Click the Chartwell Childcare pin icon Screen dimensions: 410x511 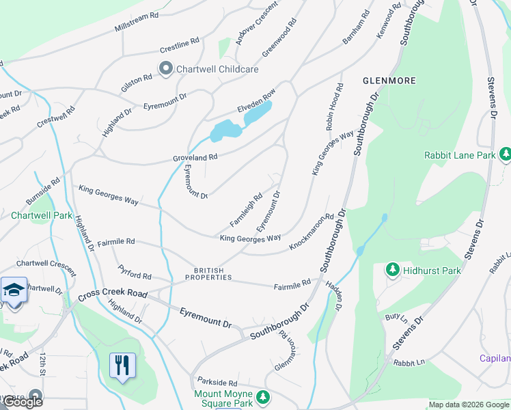pyautogui.click(x=165, y=68)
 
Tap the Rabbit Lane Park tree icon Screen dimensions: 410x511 pyautogui.click(x=505, y=155)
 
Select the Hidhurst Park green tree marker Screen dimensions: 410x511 pyautogui.click(x=393, y=271)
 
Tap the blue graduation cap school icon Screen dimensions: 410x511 pyautogui.click(x=14, y=290)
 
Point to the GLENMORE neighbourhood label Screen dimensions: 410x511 pyautogui.click(x=389, y=81)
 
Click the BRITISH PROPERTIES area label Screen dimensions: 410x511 pyautogui.click(x=208, y=274)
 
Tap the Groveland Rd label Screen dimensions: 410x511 pyautogui.click(x=195, y=157)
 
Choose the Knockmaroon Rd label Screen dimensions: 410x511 pyautogui.click(x=311, y=231)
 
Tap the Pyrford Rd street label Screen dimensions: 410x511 pyautogui.click(x=134, y=275)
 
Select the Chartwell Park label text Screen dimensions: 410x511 pyautogui.click(x=42, y=215)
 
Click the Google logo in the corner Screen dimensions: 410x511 pyautogui.click(x=23, y=402)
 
